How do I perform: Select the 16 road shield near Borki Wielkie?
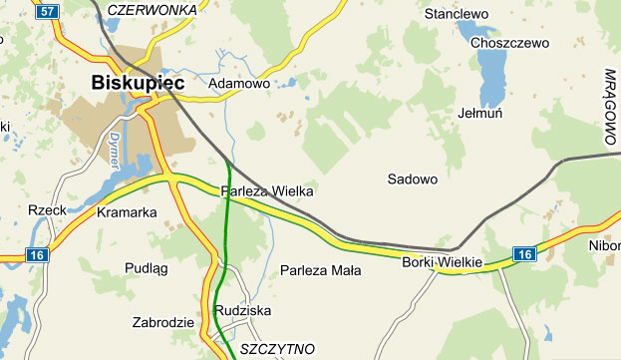pyautogui.click(x=524, y=255)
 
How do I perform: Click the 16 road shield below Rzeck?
pyautogui.click(x=38, y=255)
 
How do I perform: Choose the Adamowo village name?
pyautogui.click(x=239, y=85)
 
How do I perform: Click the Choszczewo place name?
pyautogui.click(x=510, y=43)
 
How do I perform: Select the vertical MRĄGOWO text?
pyautogui.click(x=611, y=110)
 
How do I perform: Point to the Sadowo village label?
pyautogui.click(x=412, y=180)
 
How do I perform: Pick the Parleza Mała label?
pyautogui.click(x=320, y=270)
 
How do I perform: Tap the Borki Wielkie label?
pyautogui.click(x=442, y=262)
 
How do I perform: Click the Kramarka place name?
pyautogui.click(x=128, y=212)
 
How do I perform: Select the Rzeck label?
pyautogui.click(x=47, y=210)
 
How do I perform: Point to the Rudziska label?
pyautogui.click(x=242, y=310)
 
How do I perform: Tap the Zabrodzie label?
pyautogui.click(x=162, y=323)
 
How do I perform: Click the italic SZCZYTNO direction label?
pyautogui.click(x=279, y=349)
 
